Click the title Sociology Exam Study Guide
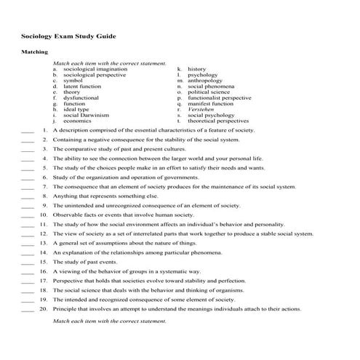(67, 36)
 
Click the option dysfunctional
(81, 97)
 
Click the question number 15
(44, 261)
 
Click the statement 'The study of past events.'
(82, 261)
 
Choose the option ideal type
(77, 109)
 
